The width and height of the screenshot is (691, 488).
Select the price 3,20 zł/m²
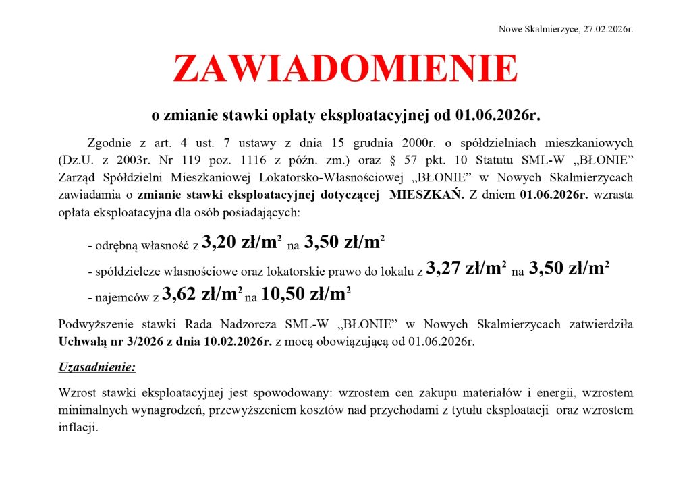pos(242,243)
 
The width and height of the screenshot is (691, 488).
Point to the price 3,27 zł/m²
pos(466,269)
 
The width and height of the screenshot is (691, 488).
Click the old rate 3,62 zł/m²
pos(202,294)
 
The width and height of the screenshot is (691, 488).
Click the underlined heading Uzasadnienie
pos(97,367)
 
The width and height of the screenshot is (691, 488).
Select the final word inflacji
pos(78,427)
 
